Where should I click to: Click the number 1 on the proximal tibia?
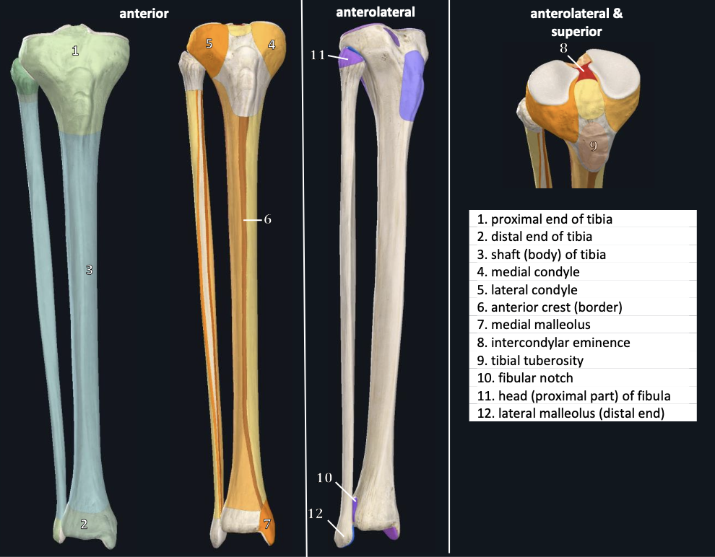coord(74,51)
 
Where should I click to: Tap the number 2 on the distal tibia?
coord(84,525)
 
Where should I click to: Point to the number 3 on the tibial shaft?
coord(89,270)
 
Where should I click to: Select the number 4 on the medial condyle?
coord(271,45)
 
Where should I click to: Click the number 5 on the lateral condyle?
coord(209,44)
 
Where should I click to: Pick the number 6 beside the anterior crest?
coord(266,219)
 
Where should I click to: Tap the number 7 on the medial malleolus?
coord(266,524)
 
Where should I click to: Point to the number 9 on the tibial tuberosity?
coord(592,145)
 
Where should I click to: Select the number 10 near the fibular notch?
coord(324,478)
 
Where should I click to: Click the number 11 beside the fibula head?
coord(318,53)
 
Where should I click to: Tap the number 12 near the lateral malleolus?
coord(315,514)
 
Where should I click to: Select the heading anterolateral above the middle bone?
coord(375,12)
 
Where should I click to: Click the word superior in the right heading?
coord(576,32)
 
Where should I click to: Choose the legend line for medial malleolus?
coord(533,325)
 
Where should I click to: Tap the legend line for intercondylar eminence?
coord(552,343)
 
